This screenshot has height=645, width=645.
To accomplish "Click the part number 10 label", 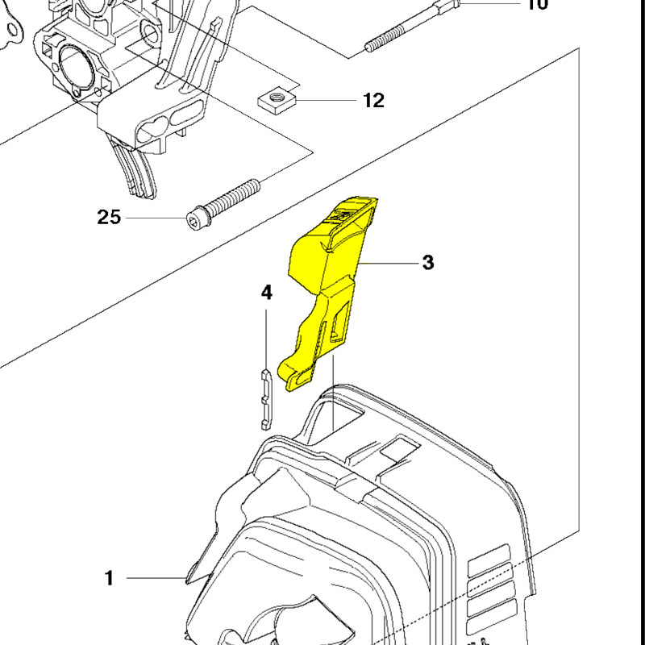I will coord(537,5).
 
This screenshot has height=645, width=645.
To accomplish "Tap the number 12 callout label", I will coord(373,101).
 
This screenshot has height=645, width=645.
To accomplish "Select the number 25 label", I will coord(110,217).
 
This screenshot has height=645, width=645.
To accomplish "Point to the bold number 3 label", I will coord(427,263).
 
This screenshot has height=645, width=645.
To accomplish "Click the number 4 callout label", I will coord(267,293).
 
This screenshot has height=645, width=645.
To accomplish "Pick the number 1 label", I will coord(109,578).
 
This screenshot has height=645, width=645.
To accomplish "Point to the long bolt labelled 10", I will coord(411,25).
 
